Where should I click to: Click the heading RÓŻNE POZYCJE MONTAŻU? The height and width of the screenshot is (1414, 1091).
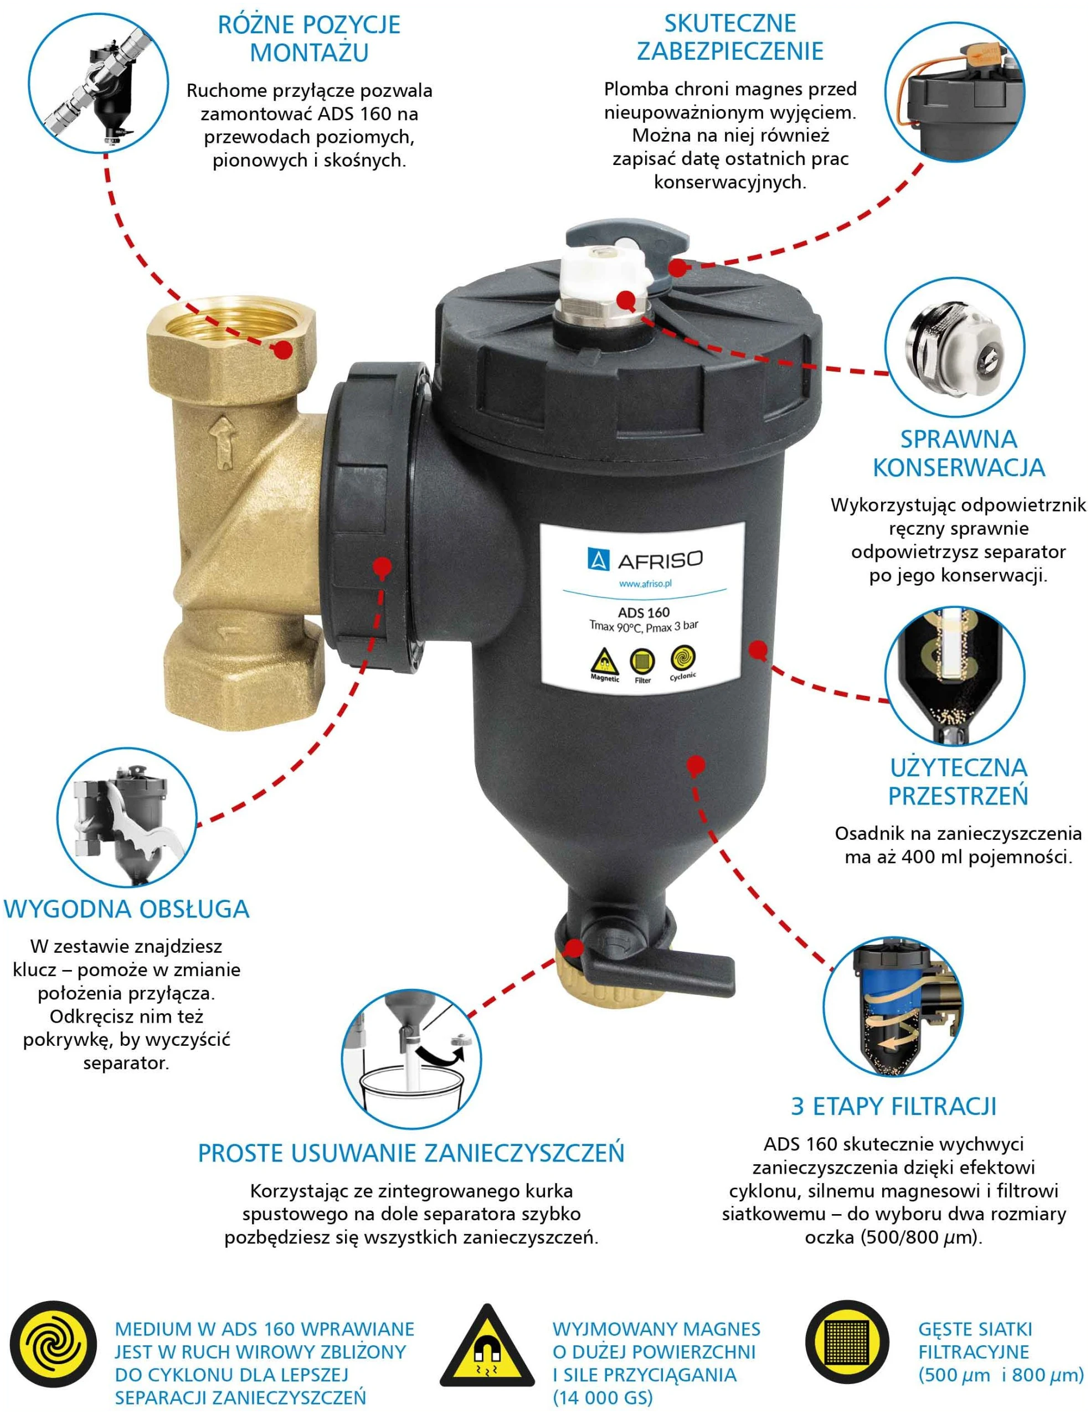[309, 38]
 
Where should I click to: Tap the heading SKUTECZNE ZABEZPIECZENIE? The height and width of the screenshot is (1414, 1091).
[730, 37]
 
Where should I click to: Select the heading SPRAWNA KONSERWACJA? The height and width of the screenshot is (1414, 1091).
[958, 453]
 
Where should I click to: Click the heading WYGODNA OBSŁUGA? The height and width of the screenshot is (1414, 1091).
[127, 909]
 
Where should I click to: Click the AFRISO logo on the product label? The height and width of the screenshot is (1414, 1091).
[644, 559]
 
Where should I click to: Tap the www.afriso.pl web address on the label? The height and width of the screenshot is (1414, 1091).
[645, 584]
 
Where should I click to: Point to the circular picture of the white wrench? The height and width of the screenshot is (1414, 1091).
[127, 818]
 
